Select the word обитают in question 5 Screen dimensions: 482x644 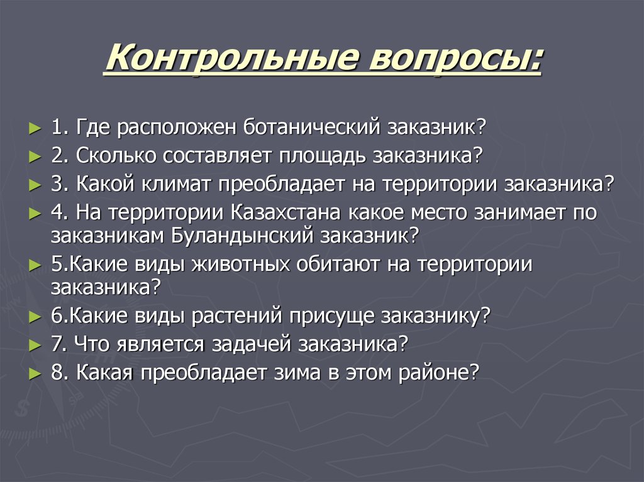tap(339, 265)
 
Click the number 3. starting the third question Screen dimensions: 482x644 tap(60, 184)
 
